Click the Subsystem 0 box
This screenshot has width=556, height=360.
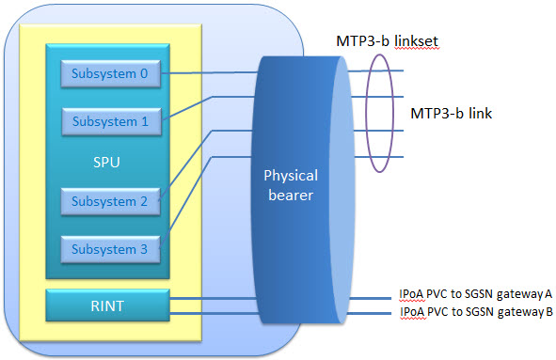pos(110,73)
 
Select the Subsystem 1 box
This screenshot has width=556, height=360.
pos(110,121)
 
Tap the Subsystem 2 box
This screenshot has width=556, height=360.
pos(110,201)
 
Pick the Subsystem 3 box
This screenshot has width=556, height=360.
pos(110,249)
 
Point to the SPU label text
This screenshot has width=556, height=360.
pos(107,162)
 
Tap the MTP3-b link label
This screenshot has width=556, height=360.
pos(452,114)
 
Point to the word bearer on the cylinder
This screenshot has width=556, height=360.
pos(291,194)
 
